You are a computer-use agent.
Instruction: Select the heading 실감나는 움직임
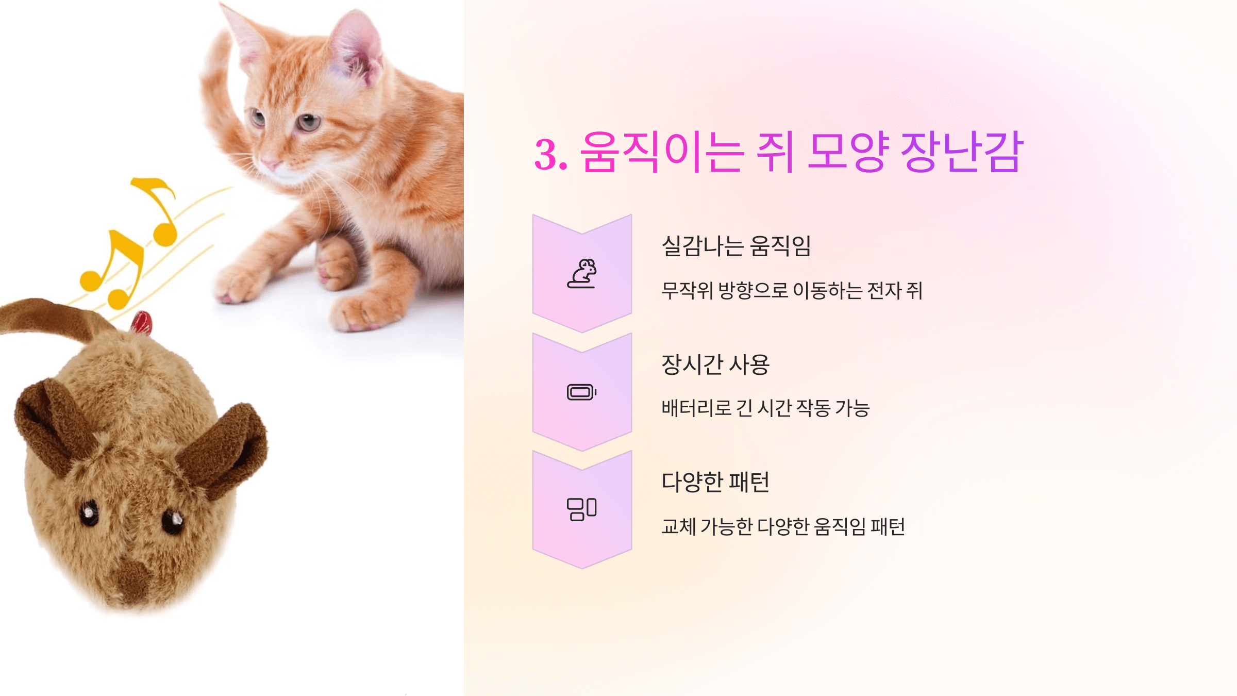tap(736, 246)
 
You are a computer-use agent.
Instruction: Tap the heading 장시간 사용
tap(715, 364)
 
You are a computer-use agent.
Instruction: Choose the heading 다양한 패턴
tap(715, 483)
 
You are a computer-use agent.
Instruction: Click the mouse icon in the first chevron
tap(582, 274)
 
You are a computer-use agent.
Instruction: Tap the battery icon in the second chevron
tap(582, 392)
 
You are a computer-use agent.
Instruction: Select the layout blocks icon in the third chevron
tap(582, 509)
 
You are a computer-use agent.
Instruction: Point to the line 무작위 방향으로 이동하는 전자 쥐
tap(792, 291)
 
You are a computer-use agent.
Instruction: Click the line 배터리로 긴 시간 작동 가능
tap(765, 408)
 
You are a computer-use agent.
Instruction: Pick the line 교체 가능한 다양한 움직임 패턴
tap(783, 526)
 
